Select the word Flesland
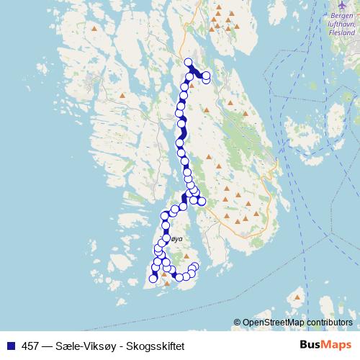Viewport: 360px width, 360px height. pos(341,32)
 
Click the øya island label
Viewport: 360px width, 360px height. pos(176,238)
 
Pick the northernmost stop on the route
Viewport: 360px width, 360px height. pos(189,62)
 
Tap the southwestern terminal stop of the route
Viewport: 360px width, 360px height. pos(153,279)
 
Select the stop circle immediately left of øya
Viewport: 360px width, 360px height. pos(167,238)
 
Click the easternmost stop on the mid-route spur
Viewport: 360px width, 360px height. pos(202,201)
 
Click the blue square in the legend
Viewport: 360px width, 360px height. pos(9,346)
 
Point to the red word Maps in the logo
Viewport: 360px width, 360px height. pos(337,345)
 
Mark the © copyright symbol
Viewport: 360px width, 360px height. pos(237,322)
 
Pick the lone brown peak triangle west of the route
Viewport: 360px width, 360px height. pos(123,94)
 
